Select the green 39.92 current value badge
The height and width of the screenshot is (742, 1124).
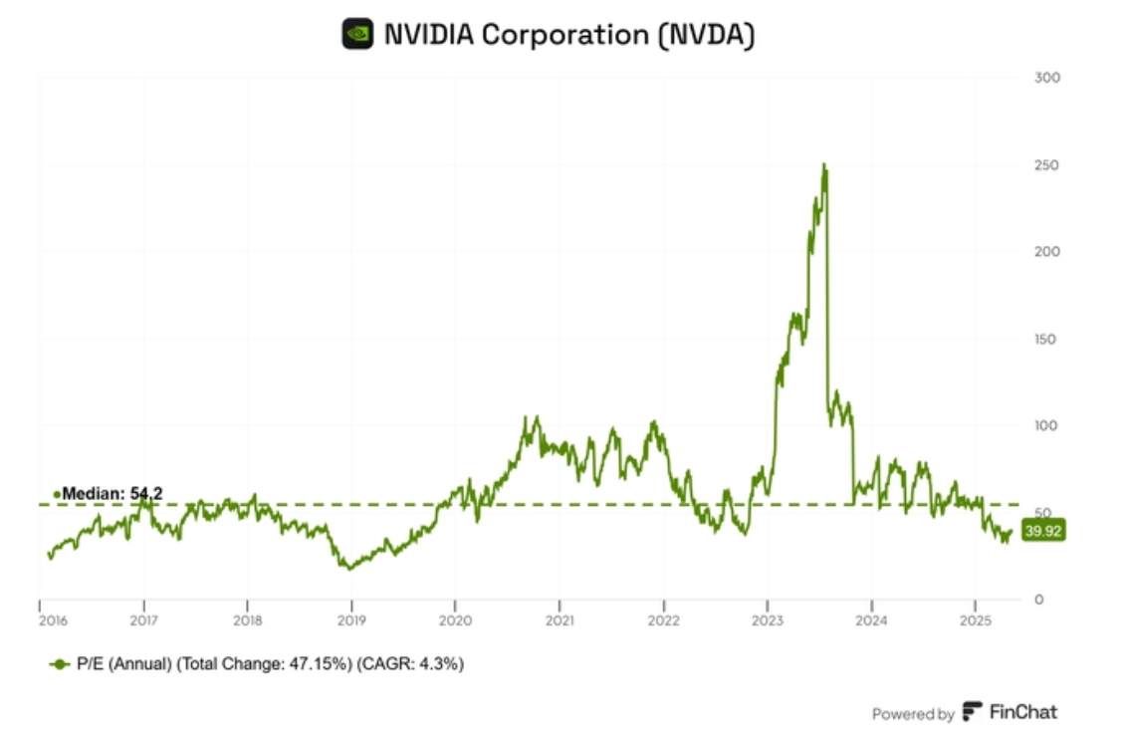click(1042, 532)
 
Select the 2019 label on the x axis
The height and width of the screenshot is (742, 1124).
click(350, 619)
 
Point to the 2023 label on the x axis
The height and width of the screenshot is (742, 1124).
click(767, 619)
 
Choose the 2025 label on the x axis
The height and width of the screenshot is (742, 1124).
click(975, 619)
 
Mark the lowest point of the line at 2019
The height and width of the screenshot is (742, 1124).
click(346, 568)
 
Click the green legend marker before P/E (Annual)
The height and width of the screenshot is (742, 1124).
click(60, 663)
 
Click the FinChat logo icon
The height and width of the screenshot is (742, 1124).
click(972, 712)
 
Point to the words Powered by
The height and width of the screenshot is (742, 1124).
click(913, 713)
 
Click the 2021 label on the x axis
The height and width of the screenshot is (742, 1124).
click(560, 619)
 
